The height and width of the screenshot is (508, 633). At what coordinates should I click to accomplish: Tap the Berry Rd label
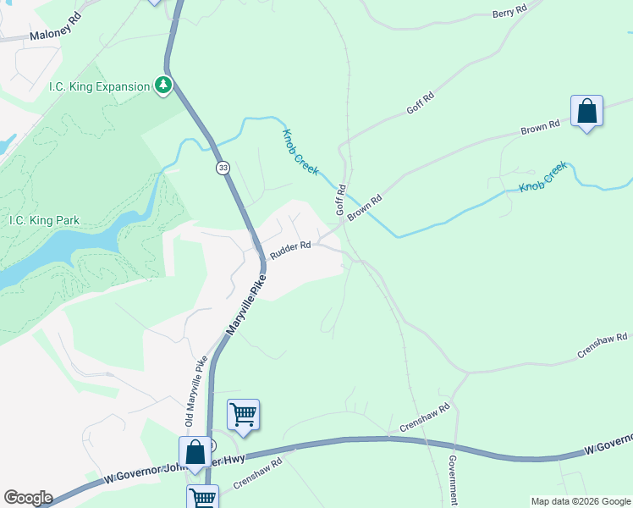pyautogui.click(x=509, y=13)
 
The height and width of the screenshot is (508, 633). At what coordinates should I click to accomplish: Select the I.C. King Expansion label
pyautogui.click(x=96, y=86)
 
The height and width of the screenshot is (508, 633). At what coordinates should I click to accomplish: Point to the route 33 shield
pyautogui.click(x=223, y=168)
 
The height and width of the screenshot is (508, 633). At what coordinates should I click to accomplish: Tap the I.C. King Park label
pyautogui.click(x=44, y=221)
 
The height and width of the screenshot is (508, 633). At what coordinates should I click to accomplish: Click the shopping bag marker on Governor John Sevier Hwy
pyautogui.click(x=195, y=453)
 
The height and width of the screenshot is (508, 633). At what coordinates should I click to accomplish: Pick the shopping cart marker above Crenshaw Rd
pyautogui.click(x=243, y=416)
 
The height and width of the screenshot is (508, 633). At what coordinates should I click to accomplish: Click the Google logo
pyautogui.click(x=28, y=498)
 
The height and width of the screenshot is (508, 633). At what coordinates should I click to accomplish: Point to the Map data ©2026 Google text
pyautogui.click(x=581, y=501)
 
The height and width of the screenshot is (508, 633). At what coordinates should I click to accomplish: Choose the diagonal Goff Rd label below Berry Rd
pyautogui.click(x=420, y=104)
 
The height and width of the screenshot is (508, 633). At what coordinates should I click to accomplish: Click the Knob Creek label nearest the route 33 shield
pyautogui.click(x=300, y=152)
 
